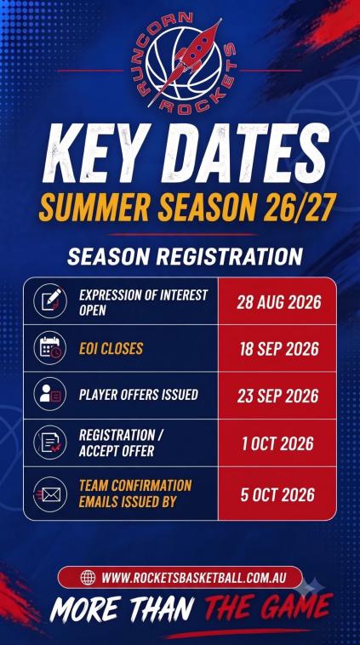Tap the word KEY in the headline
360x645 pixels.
98,152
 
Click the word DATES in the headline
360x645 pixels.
246,152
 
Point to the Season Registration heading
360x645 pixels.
186,256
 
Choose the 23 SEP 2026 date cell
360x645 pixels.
277,396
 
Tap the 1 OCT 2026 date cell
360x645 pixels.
277,443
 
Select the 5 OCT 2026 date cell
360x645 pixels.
277,494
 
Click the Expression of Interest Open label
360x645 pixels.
143,302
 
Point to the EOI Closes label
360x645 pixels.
111,349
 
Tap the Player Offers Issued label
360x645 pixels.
139,395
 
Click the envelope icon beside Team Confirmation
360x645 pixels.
50,494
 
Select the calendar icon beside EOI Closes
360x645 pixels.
50,348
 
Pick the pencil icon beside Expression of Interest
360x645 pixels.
50,301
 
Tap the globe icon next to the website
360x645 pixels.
88,577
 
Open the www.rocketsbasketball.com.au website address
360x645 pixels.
193,578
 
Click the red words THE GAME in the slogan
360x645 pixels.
269,608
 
